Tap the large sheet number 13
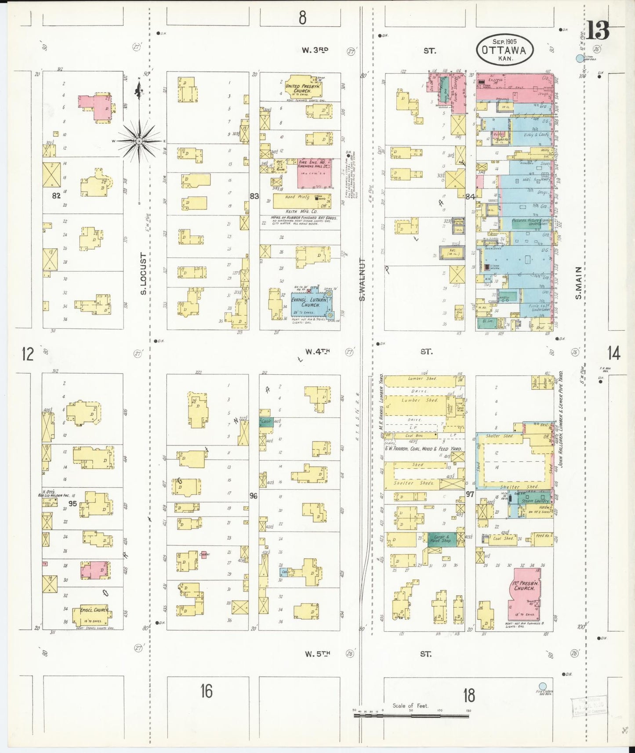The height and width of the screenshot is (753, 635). pos(598,31)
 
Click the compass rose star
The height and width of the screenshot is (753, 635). pos(139,141)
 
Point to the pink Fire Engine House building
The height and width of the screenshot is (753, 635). pos(314,173)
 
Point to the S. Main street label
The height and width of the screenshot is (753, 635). pos(579,283)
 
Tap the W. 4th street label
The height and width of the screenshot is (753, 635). pos(317,351)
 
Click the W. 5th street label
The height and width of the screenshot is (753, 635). pos(317,654)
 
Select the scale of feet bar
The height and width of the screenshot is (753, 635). pos(411,716)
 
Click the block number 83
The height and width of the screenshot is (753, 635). pos(254,196)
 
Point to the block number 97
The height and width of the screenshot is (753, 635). pos(470,494)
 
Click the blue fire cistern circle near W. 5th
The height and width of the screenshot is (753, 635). pos(543,686)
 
